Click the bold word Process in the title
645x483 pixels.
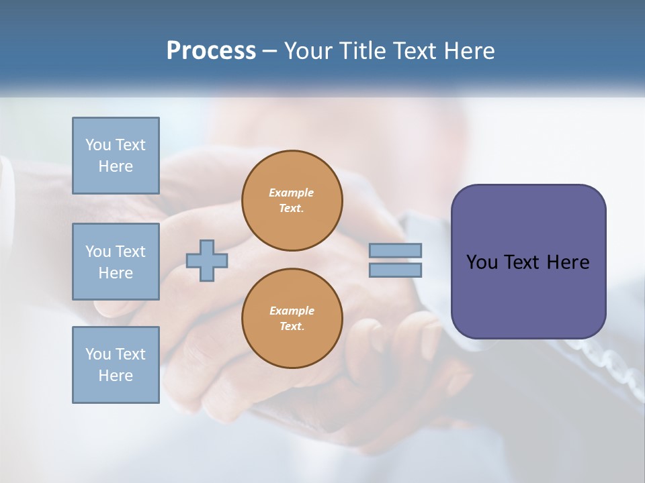coord(211,51)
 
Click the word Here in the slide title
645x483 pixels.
coord(468,51)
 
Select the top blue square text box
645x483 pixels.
coord(116,156)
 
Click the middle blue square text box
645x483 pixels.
coord(116,262)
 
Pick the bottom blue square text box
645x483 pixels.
coord(116,365)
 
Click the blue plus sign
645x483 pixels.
coord(207,260)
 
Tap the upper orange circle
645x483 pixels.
coord(292,201)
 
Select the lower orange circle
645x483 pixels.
coord(292,319)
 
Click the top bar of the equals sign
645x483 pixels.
coord(396,250)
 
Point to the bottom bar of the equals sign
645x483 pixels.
coord(396,270)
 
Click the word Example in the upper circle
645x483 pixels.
coord(292,193)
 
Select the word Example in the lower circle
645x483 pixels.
coord(292,311)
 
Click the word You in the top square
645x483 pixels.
coord(97,145)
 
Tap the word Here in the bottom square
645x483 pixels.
coord(116,376)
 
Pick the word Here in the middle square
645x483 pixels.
coord(116,273)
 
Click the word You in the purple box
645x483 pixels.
coord(481,262)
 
